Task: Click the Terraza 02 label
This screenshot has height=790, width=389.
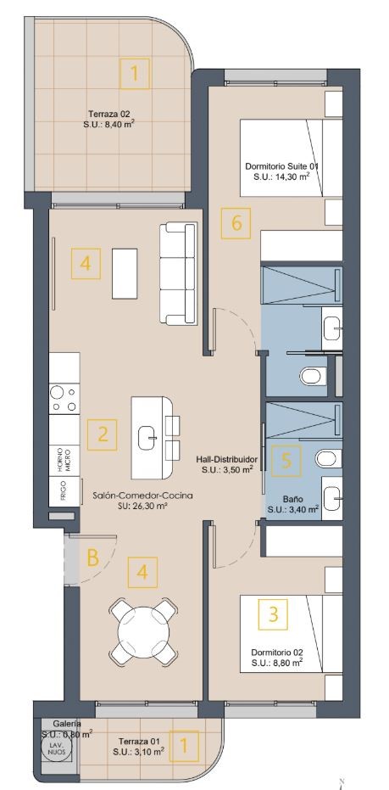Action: [109, 114]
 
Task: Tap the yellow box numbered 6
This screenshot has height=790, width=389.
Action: [236, 222]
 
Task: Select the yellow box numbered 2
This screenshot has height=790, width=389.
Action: [103, 434]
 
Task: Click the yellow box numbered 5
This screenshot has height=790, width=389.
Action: [286, 461]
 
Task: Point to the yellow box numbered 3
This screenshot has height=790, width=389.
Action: [273, 614]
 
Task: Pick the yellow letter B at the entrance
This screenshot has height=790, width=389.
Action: [92, 557]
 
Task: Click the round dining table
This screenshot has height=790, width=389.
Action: [143, 632]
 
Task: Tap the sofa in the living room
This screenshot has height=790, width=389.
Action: [178, 273]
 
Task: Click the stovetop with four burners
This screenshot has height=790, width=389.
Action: [64, 399]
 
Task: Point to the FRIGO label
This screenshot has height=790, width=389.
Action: [61, 492]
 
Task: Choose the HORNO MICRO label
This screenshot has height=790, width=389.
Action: [64, 461]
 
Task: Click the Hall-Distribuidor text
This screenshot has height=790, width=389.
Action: [227, 460]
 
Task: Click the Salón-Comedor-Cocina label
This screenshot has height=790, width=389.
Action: [143, 496]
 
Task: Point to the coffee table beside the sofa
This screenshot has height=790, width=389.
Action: [125, 273]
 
